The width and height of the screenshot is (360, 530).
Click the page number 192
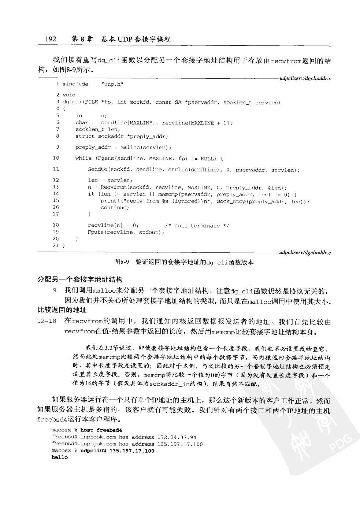(x=51, y=38)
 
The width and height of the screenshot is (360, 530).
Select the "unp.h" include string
(x=112, y=84)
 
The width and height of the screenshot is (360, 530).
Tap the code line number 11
(x=56, y=169)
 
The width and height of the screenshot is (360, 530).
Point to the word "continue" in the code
(x=115, y=207)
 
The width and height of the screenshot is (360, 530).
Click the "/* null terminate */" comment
(x=197, y=226)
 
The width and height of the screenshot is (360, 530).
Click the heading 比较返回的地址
(x=63, y=310)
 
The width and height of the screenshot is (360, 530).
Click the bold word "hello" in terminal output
(x=60, y=458)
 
